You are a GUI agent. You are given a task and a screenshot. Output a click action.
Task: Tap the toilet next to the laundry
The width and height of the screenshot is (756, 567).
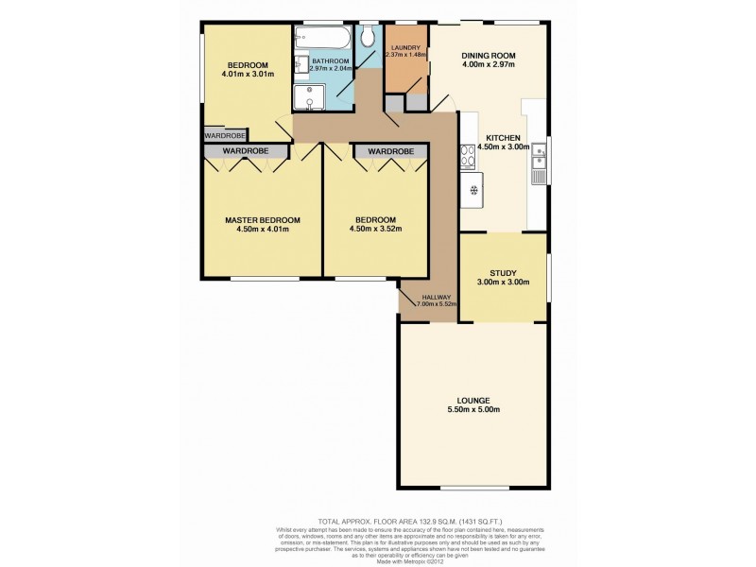[369, 36]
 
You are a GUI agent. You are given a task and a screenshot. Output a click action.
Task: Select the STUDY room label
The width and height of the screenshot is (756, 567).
[502, 272]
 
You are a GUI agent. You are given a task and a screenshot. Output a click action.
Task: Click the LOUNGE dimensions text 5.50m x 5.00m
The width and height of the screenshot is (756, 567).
[472, 409]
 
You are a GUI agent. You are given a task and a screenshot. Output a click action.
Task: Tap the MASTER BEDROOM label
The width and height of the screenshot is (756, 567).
[262, 219]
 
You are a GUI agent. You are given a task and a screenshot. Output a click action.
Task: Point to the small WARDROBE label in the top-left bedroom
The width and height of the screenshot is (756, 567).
[223, 135]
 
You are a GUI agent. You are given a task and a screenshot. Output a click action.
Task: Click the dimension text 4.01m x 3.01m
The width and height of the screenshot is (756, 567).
[248, 74]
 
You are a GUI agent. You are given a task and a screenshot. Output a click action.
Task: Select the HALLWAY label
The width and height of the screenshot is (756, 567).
[417, 296]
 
